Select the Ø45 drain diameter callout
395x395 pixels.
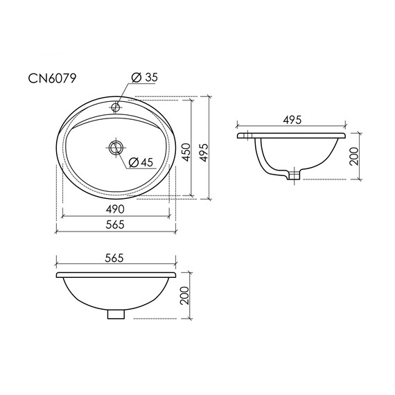tap(141, 162)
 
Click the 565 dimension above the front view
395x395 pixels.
tap(115, 258)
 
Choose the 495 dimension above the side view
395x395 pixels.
tap(292, 120)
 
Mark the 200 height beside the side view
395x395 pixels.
tap(354, 157)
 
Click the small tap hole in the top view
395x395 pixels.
tap(116, 108)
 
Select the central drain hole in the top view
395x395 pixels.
tap(116, 146)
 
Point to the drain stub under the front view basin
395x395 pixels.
tap(116, 313)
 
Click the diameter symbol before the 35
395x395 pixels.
tap(135, 78)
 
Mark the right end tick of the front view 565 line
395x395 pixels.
tap(176, 265)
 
